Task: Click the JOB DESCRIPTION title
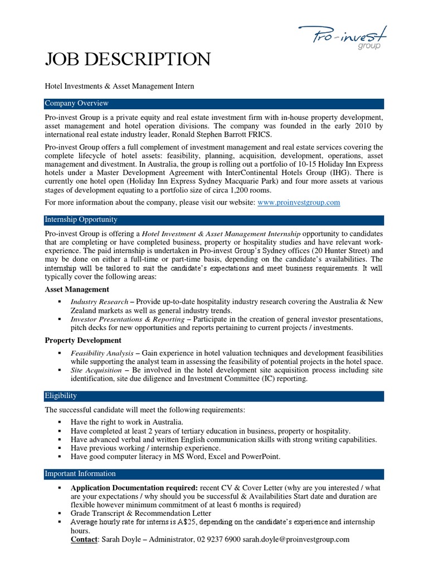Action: pyautogui.click(x=128, y=59)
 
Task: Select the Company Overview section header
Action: pyautogui.click(x=77, y=104)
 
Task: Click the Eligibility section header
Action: pyautogui.click(x=61, y=396)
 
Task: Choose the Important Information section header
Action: pyautogui.click(x=80, y=474)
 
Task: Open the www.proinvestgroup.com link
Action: pyautogui.click(x=299, y=203)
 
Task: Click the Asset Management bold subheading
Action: pyautogui.click(x=77, y=289)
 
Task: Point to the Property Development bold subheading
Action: pyautogui.click(x=82, y=340)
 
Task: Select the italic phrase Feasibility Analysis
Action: pyautogui.click(x=102, y=354)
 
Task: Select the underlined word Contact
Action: pyautogui.click(x=85, y=539)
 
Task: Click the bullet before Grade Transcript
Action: pyautogui.click(x=59, y=513)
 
